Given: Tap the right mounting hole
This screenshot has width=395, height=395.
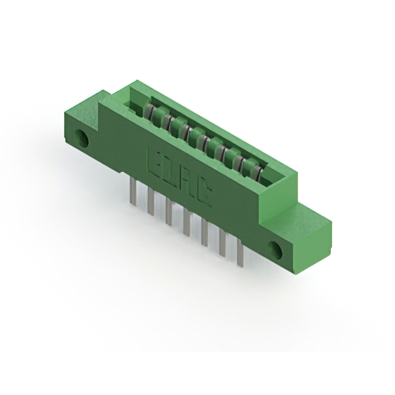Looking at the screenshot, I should coord(275,250).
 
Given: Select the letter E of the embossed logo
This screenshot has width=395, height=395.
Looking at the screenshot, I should coord(155,159).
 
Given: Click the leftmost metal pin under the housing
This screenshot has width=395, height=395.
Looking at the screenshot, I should coord(133,191).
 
